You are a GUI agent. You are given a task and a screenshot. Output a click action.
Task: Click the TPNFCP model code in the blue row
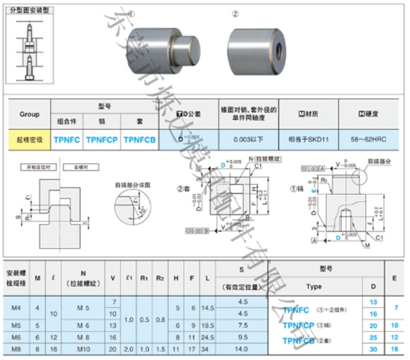tap(101, 140)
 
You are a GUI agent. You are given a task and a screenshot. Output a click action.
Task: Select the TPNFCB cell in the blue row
tap(140, 140)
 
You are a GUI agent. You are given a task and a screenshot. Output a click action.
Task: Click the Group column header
tap(29, 114)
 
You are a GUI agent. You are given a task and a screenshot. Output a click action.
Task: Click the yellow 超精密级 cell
tap(29, 140)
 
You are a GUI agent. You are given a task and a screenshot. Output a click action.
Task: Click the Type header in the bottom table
tap(314, 287)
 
